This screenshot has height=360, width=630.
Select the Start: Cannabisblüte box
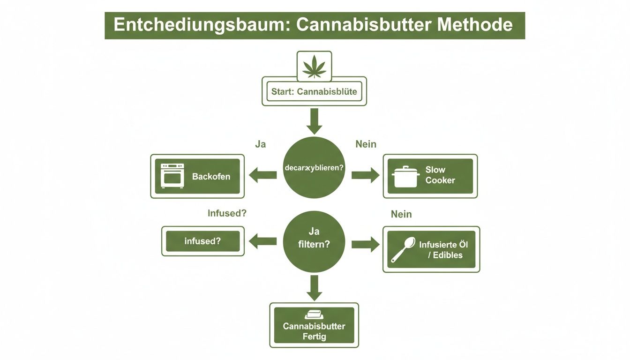314,91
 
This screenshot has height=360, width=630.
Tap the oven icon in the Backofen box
172,176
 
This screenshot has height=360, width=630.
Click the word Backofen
211,177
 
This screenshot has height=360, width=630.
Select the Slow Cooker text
440,175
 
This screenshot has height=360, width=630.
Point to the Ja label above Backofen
260,144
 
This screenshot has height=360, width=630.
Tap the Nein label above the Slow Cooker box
366,144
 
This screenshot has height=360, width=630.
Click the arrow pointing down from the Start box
314,121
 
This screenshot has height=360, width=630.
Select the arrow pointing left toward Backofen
263,176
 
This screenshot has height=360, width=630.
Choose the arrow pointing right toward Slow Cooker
365,175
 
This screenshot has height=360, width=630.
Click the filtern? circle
314,242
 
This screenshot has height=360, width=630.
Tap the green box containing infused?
202,241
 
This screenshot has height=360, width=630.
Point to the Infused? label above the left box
227,213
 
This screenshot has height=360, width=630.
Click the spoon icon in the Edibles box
403,249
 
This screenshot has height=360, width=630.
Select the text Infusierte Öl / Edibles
443,250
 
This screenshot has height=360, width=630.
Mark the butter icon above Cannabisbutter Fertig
314,315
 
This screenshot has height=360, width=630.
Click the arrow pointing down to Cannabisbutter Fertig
314,287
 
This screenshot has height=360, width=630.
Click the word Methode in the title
475,25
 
